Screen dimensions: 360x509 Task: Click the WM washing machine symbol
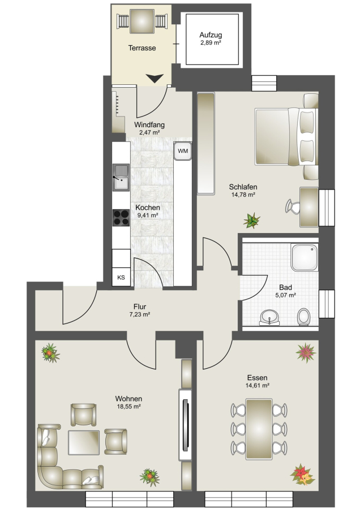click(x=183, y=151)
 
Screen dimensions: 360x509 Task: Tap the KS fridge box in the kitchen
click(x=121, y=277)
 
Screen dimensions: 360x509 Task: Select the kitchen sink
click(x=121, y=177)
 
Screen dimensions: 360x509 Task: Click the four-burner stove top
click(x=121, y=218)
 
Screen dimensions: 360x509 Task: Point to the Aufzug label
click(x=211, y=34)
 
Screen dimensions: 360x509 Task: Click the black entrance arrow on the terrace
click(x=155, y=78)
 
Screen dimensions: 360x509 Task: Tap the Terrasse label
click(x=142, y=48)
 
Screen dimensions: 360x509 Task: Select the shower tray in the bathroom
click(x=305, y=257)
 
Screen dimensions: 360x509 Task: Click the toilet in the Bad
click(x=304, y=317)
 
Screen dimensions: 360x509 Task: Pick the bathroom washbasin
click(x=269, y=317)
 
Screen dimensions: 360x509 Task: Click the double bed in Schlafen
click(x=286, y=137)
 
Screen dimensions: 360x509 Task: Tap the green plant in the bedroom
click(x=251, y=221)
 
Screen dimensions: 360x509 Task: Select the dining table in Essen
click(x=259, y=429)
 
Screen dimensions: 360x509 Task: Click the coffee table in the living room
click(x=84, y=442)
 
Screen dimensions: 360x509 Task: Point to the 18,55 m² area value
click(x=128, y=407)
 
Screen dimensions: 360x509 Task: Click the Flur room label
click(x=140, y=307)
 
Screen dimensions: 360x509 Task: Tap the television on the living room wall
click(x=186, y=425)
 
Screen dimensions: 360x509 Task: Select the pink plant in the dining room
click(x=306, y=352)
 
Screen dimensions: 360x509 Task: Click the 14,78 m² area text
click(x=243, y=195)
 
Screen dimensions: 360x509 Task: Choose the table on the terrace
click(x=142, y=21)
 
